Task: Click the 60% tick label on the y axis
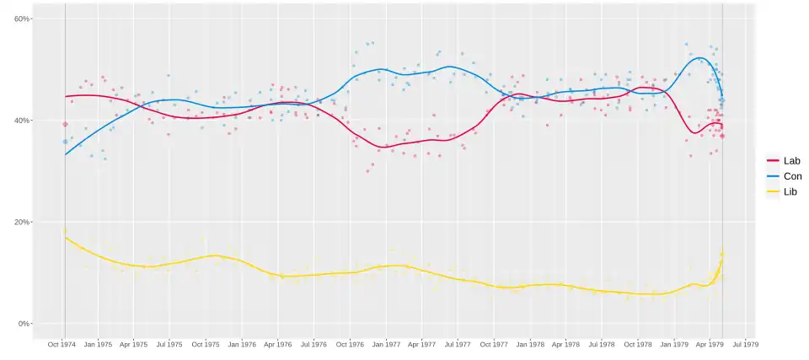click(23, 19)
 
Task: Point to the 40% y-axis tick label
click(23, 121)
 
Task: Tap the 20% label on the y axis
click(23, 223)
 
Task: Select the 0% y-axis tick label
click(25, 324)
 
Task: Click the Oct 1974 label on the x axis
click(62, 344)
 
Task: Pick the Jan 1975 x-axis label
click(99, 344)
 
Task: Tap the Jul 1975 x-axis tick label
click(169, 344)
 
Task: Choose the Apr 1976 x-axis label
click(277, 344)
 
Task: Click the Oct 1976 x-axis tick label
click(349, 344)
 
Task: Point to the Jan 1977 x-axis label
click(386, 344)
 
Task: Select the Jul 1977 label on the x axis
click(458, 344)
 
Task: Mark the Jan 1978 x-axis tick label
click(530, 344)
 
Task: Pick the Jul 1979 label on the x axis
click(745, 344)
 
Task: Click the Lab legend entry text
click(792, 161)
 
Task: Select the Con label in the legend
click(793, 176)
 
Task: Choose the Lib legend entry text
click(790, 192)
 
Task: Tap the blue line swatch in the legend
click(773, 176)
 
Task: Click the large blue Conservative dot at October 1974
click(65, 142)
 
